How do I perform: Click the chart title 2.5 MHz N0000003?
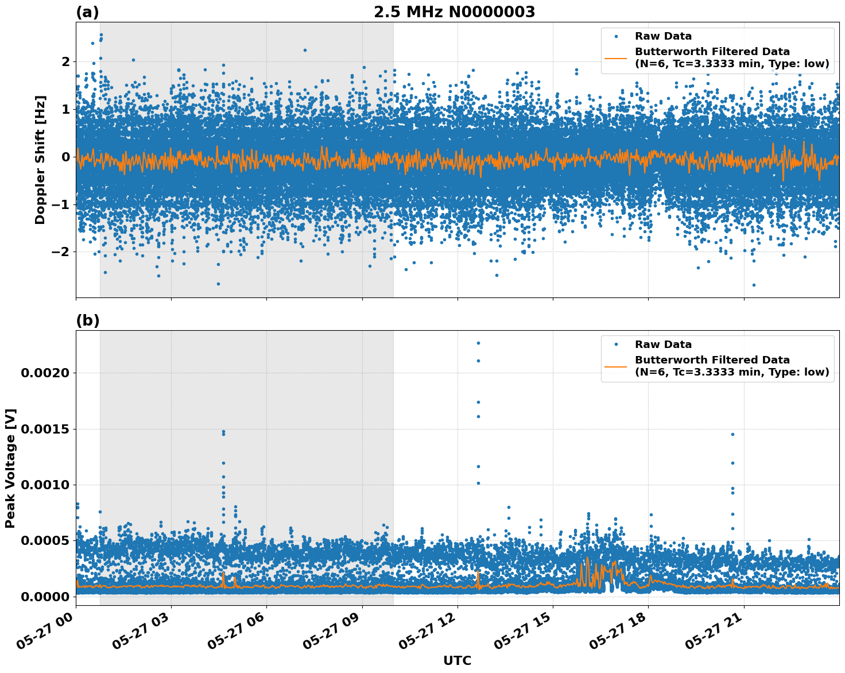tap(454, 12)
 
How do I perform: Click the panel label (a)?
tap(87, 12)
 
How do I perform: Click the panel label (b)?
tap(87, 320)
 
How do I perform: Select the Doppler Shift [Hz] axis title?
tap(40, 160)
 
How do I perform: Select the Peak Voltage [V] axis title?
tap(10, 468)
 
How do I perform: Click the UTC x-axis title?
tap(457, 660)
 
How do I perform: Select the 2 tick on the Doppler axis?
tap(65, 61)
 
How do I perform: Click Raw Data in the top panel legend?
tap(663, 36)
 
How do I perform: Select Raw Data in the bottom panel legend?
tap(663, 345)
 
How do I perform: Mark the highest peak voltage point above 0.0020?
tap(478, 343)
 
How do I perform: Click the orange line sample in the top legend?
tap(616, 57)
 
